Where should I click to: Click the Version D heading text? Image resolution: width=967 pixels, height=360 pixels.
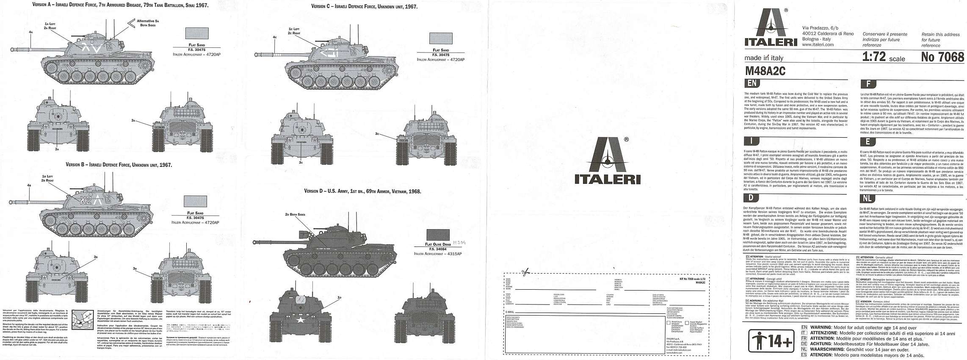click(362, 191)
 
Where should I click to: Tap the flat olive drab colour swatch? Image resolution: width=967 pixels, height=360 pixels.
click(438, 235)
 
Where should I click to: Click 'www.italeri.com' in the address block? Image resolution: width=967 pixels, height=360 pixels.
click(817, 44)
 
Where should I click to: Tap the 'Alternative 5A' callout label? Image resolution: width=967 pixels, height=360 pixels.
click(148, 22)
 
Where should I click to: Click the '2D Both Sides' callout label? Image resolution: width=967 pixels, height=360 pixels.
click(295, 214)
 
